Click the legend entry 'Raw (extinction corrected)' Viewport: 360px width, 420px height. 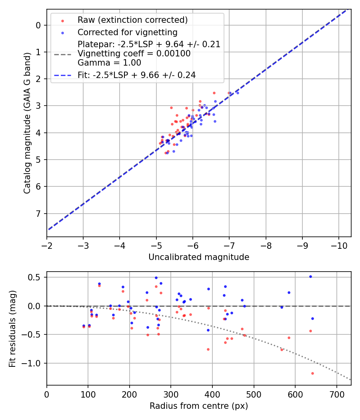click(132, 20)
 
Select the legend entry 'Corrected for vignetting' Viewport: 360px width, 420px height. click(127, 32)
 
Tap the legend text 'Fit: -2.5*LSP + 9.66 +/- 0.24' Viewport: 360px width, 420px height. click(136, 75)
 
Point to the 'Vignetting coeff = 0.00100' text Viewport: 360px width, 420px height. click(134, 54)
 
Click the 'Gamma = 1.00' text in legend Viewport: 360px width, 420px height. click(109, 63)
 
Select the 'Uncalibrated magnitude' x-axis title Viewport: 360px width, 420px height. click(199, 257)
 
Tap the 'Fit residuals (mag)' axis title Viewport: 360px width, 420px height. click(12, 329)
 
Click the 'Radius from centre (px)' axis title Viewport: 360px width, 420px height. click(199, 406)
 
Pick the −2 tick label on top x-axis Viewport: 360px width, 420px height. click(47, 245)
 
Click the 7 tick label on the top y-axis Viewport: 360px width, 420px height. click(38, 213)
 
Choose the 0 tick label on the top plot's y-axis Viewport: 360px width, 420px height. click(38, 25)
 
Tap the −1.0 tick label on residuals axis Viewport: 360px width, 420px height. click(33, 363)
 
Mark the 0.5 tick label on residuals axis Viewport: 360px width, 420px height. click(35, 277)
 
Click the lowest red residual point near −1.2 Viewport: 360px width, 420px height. click(312, 373)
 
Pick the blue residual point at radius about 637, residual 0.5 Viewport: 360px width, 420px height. click(310, 276)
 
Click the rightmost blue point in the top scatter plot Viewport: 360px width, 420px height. click(238, 93)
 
